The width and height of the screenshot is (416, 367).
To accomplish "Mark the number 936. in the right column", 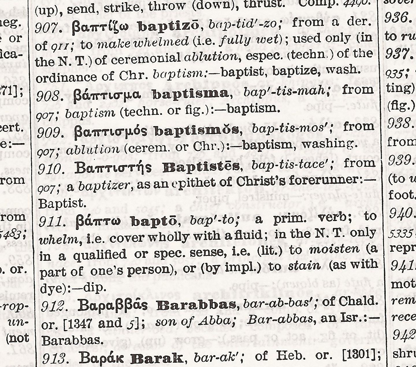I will [x=398, y=18].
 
